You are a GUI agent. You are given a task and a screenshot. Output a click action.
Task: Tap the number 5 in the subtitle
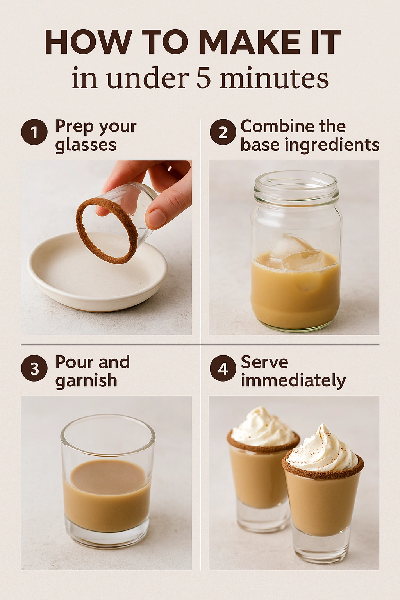click(x=204, y=78)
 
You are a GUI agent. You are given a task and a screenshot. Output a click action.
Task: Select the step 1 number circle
click(x=34, y=132)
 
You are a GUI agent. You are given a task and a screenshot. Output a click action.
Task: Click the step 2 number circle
click(x=223, y=132)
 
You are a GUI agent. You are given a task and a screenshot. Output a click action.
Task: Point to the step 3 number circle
click(x=34, y=368)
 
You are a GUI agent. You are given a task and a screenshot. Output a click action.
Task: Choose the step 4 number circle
click(x=223, y=368)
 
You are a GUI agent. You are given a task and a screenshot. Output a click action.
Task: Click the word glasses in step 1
click(x=86, y=145)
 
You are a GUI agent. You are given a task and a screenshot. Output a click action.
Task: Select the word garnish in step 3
click(x=86, y=381)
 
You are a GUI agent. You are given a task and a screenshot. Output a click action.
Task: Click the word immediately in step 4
click(x=293, y=380)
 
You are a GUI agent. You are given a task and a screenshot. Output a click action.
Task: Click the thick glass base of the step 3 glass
click(x=107, y=535)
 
